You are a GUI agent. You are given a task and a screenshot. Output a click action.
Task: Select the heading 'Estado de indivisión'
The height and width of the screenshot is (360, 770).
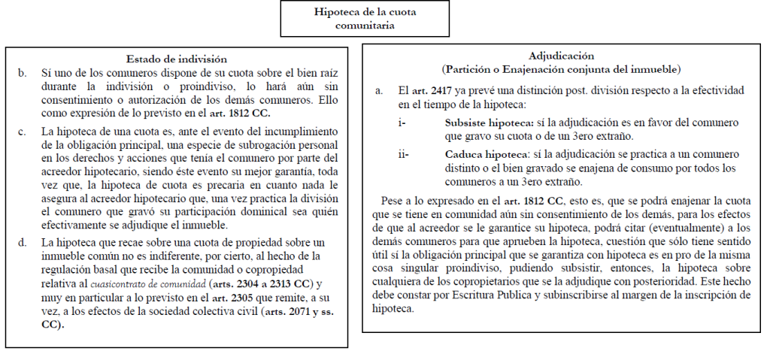(x=177, y=59)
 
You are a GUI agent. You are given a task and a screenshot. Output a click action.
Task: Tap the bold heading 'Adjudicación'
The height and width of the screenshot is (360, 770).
(x=562, y=56)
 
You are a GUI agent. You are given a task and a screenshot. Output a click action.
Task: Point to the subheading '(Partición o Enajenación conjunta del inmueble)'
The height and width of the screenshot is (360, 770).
(x=561, y=69)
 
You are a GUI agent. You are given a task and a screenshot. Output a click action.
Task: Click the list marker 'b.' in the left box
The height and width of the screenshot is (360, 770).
(x=23, y=73)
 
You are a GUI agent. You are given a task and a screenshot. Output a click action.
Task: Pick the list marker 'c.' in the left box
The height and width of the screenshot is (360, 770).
(x=23, y=132)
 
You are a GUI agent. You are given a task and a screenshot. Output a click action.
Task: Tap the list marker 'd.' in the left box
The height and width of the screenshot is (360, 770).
(x=23, y=241)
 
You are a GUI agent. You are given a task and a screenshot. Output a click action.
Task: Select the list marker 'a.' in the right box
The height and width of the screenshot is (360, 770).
(x=380, y=89)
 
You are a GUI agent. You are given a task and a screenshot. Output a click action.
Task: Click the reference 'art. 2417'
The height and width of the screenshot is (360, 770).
(x=435, y=89)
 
